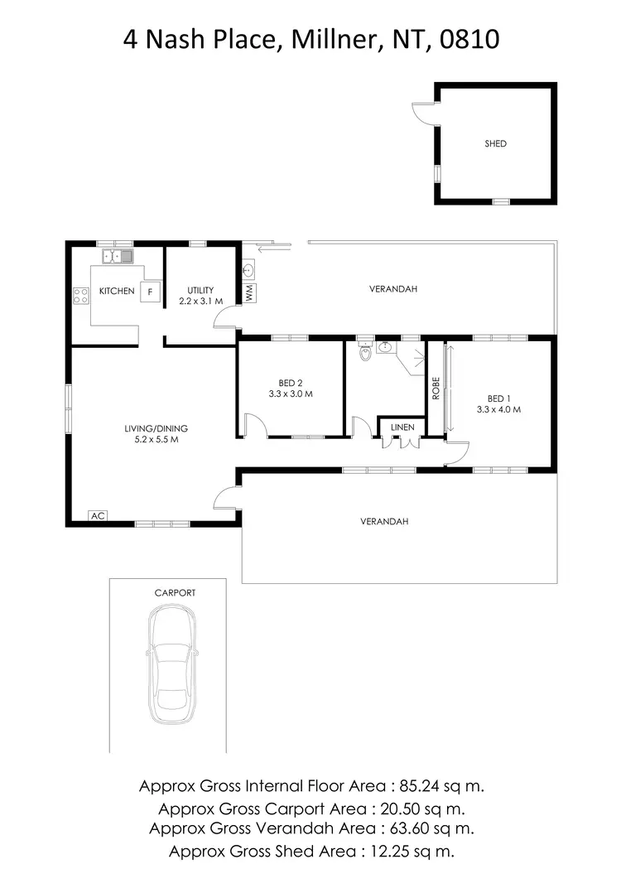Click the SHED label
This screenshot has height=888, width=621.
tap(495, 143)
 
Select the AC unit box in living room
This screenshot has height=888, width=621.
tap(98, 516)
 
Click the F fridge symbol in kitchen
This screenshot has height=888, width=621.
tap(151, 292)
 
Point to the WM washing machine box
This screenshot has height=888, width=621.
tap(250, 292)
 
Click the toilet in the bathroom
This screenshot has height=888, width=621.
tap(365, 354)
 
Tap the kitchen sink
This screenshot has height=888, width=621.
tap(118, 257)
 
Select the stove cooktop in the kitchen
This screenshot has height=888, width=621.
tap(81, 296)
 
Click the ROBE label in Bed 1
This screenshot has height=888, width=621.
tap(435, 388)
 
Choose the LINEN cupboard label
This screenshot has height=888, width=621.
tap(402, 427)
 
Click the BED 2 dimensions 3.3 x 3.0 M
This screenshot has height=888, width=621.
tap(291, 394)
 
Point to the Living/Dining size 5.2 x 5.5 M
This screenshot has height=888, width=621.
tap(156, 440)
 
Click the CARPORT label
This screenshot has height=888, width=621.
tap(175, 593)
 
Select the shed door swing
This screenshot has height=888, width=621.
tap(426, 115)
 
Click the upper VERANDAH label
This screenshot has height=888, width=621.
tap(392, 289)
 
